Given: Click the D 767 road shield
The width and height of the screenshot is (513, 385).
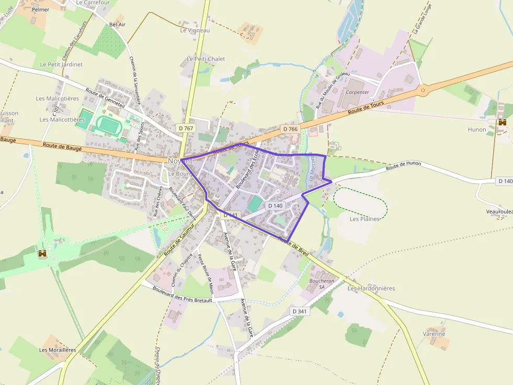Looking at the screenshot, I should (x=186, y=128).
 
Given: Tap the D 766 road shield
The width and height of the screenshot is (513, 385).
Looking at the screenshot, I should (x=290, y=129).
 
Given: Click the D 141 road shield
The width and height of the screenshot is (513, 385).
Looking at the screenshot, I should (x=231, y=215).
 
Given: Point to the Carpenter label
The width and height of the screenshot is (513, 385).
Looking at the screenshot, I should (x=358, y=92).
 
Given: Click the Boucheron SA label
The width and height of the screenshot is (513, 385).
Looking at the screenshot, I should (x=321, y=284).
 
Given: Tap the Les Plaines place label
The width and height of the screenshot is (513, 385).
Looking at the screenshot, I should (x=364, y=219).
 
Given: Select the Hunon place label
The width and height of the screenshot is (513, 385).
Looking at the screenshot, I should (x=477, y=129).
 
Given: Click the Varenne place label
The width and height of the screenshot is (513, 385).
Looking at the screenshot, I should (x=434, y=334).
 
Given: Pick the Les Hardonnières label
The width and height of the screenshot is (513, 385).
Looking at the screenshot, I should (x=371, y=288).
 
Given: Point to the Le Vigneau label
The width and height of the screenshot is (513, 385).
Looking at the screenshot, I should (x=195, y=30).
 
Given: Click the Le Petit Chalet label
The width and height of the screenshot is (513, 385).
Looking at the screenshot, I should (x=206, y=59).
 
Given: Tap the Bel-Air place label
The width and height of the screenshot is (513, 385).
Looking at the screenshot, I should (x=117, y=25).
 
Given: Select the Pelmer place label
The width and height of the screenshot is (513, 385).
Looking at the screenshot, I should (x=40, y=9).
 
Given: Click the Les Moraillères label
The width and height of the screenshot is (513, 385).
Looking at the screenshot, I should (x=58, y=350).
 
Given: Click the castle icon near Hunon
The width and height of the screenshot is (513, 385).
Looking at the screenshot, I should (x=503, y=122).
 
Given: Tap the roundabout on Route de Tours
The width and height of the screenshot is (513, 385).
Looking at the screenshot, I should (x=422, y=90).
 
